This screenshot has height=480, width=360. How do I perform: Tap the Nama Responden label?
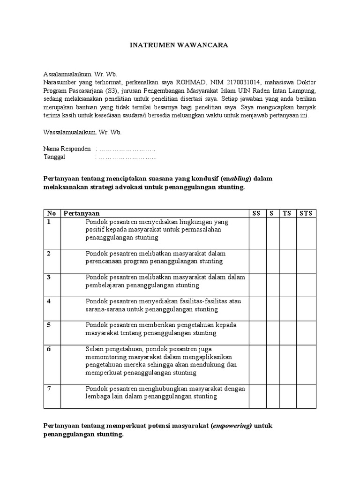pyautogui.click(x=67, y=149)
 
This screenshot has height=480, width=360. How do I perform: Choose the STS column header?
pyautogui.click(x=306, y=213)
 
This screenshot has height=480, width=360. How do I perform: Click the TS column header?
pyautogui.click(x=286, y=213)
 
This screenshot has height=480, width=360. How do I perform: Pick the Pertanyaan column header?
pyautogui.click(x=82, y=213)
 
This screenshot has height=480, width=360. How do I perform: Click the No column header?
pyautogui.click(x=51, y=213)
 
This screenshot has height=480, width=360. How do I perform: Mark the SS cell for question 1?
pyautogui.click(x=257, y=233)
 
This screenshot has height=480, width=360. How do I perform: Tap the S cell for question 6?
pyautogui.click(x=271, y=360)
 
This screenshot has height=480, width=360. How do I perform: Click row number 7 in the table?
pyautogui.click(x=49, y=389)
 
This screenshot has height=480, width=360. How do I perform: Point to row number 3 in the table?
pyautogui.click(x=49, y=277)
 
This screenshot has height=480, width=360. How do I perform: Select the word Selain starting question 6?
pyautogui.click(x=95, y=349)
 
